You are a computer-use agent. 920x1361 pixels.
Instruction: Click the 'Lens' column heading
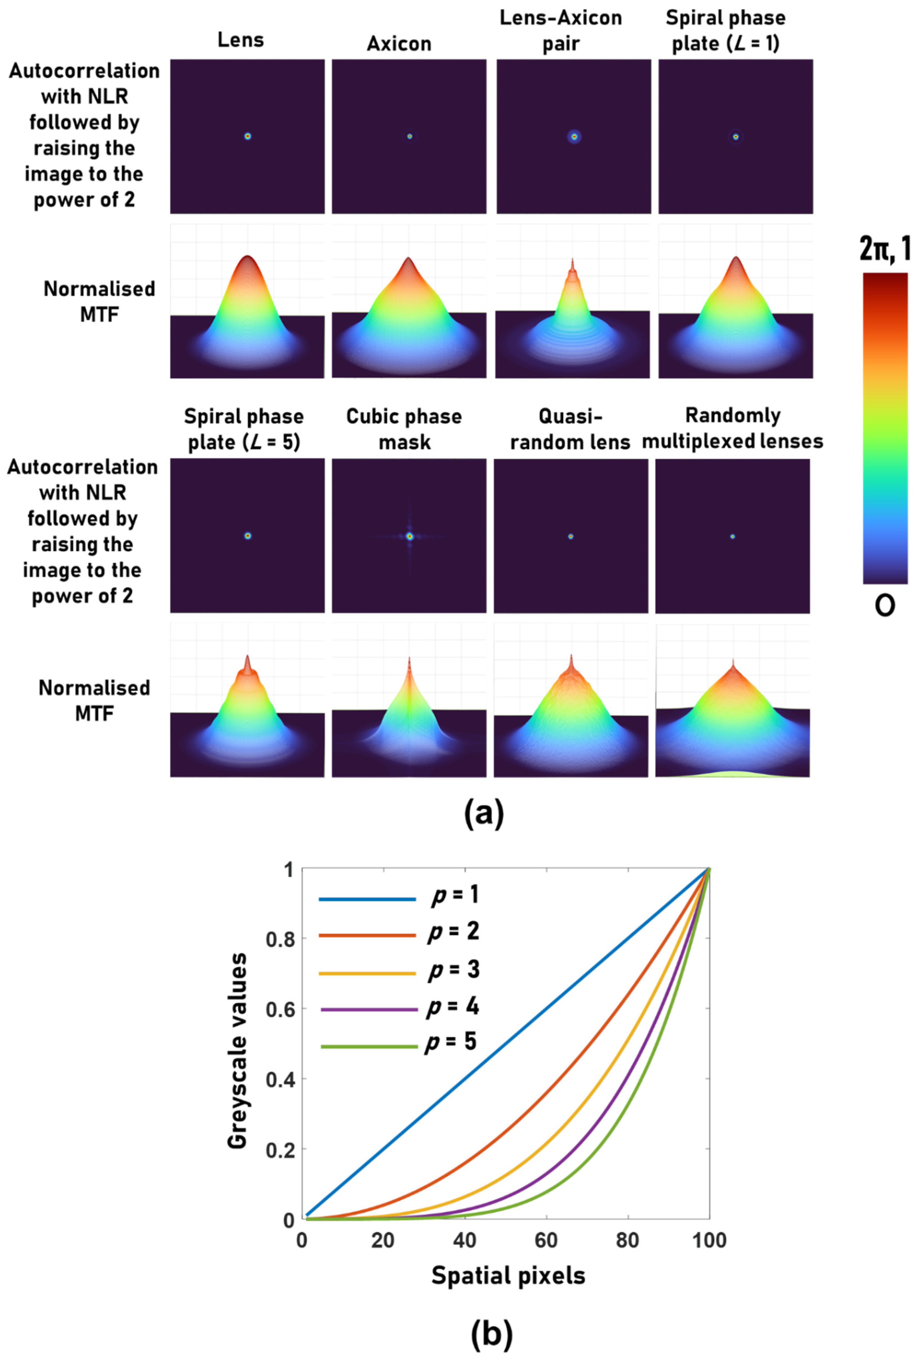click(x=241, y=40)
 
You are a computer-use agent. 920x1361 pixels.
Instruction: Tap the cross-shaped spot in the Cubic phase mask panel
click(x=410, y=536)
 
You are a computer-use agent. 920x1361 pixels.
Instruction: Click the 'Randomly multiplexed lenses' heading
click(x=733, y=428)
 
